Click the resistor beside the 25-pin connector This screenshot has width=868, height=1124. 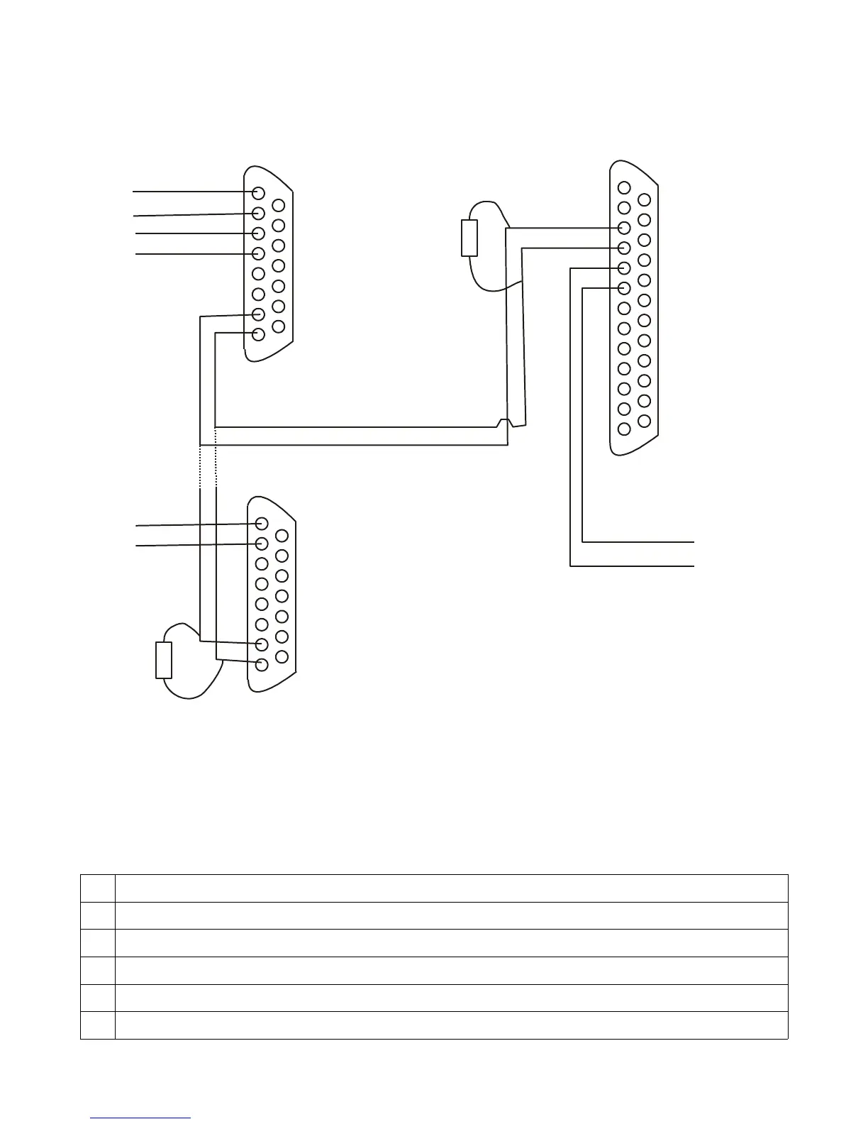point(469,238)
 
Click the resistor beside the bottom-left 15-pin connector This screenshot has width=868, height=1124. point(164,660)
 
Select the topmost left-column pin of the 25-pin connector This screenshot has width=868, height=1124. point(624,187)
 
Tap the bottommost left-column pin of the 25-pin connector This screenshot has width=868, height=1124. point(624,429)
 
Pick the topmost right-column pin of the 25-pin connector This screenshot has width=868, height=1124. point(644,200)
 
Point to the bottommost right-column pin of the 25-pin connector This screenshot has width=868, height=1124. point(644,421)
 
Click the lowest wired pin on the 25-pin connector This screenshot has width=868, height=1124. point(624,288)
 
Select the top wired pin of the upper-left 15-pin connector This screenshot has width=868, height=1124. point(259,193)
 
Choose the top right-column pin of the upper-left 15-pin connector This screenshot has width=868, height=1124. point(279,206)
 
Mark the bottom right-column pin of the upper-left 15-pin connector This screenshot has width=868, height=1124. point(279,326)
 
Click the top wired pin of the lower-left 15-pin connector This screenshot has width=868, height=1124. point(262,524)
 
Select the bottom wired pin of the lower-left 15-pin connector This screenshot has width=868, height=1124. point(262,665)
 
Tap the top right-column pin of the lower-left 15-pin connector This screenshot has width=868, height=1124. point(282,536)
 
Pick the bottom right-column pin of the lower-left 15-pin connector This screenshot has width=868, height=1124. point(282,656)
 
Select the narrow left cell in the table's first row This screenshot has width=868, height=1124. point(98,888)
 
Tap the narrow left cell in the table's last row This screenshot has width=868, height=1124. point(98,1025)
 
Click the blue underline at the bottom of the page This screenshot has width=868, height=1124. point(140,1118)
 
